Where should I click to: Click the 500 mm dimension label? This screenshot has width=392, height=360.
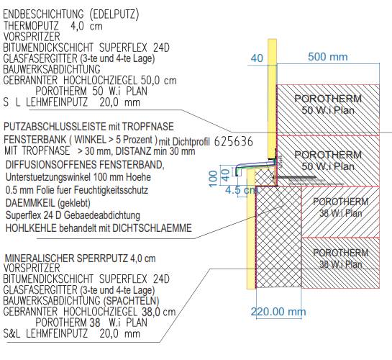point(327,57)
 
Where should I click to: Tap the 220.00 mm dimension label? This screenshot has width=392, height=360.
point(278,312)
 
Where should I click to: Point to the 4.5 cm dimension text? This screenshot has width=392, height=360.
point(241,190)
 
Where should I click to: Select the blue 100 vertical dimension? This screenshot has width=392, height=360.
point(213,179)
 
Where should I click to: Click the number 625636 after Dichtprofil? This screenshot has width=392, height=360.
point(234,142)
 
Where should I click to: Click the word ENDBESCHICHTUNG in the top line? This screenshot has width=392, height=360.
point(43,14)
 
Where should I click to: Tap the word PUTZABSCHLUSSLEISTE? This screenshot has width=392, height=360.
point(55,127)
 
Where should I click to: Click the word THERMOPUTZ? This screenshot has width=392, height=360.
point(31,26)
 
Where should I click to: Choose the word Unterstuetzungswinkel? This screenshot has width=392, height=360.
point(47,177)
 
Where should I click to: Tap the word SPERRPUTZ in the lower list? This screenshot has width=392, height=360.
point(102,258)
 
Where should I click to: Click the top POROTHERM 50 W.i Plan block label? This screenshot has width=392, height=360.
point(328,104)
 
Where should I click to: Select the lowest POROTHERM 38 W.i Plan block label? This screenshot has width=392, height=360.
point(340,258)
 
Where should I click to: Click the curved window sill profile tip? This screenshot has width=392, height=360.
point(237,174)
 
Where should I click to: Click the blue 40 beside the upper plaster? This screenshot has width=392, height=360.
point(257,58)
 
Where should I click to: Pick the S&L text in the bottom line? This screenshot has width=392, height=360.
point(12,334)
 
